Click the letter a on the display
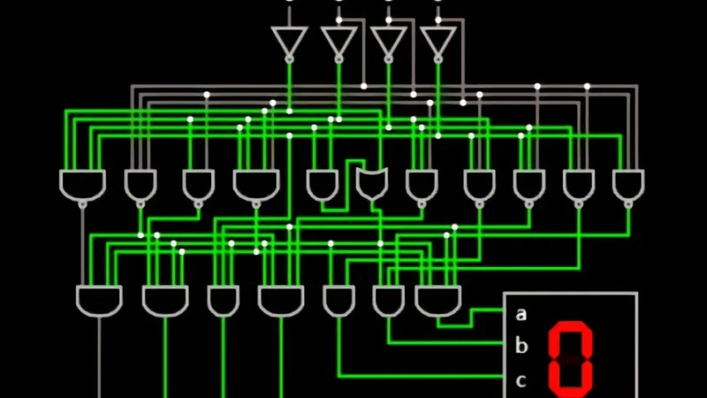pos(521,313)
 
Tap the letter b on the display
pos(521,346)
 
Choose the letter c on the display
pos(521,380)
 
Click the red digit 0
pos(571,358)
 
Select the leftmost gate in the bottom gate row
pos(99,301)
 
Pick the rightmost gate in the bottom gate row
pos(438,301)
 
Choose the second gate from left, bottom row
pos(165,301)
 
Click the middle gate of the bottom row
pos(281,301)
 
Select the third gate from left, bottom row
pos(223,301)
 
